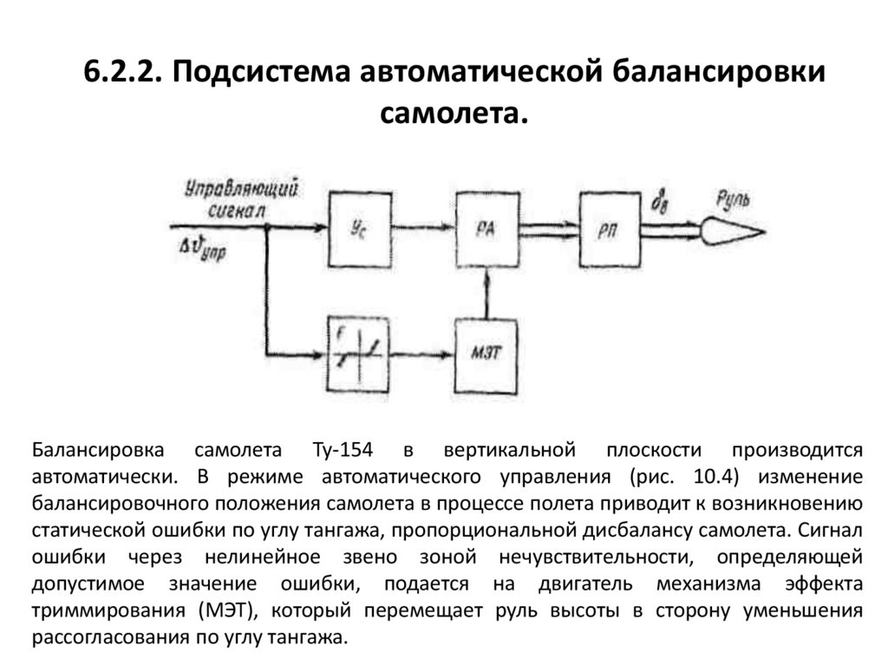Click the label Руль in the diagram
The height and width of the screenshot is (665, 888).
(733, 201)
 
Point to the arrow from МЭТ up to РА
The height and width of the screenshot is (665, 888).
(488, 295)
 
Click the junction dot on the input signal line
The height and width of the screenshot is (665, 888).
(268, 228)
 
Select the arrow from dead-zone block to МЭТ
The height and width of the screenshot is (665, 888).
(424, 355)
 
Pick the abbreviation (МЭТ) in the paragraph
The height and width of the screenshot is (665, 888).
(226, 611)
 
